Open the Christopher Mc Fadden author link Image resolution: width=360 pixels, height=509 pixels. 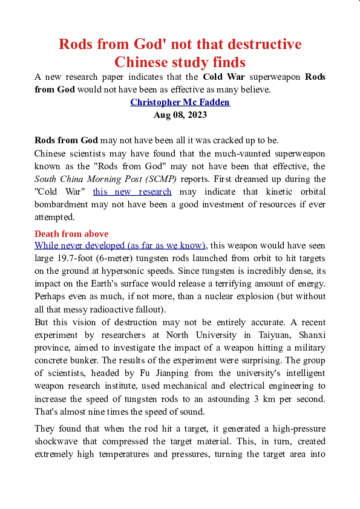pos(180,102)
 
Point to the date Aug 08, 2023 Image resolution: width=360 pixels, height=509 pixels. pos(180,114)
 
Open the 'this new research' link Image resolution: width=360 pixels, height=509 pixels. pos(132,192)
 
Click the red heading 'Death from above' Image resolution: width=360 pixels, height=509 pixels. pos(71,234)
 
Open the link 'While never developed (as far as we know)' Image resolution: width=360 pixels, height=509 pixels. pos(120,245)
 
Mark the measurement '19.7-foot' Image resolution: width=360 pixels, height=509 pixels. pos(80,258)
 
